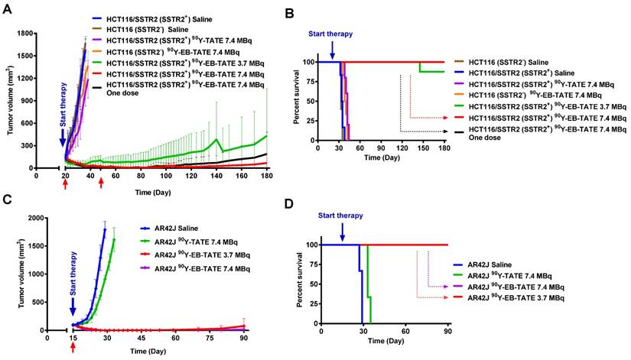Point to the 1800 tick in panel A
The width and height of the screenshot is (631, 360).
pos(44,34)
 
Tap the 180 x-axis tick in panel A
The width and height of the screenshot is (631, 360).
pos(267,175)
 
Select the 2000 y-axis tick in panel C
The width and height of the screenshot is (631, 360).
pos(45,219)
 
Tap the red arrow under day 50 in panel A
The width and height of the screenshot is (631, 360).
pos(101,183)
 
